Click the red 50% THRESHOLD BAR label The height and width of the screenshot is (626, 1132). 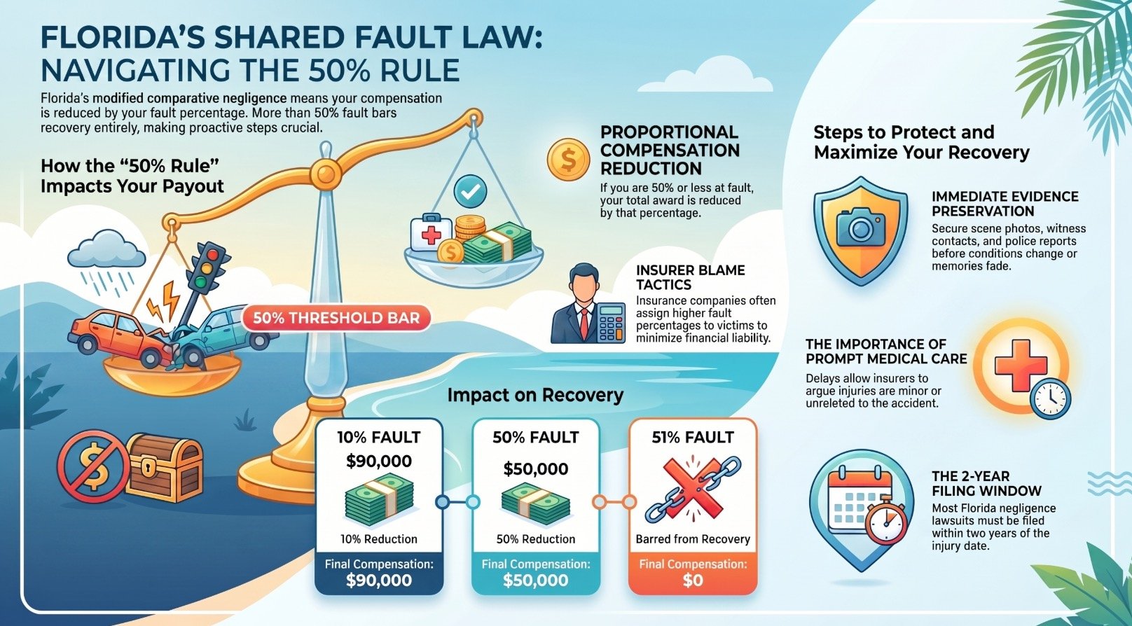pos(336,318)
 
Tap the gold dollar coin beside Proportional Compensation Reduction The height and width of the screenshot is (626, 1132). pos(569,159)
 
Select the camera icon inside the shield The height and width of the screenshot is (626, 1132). pos(861,228)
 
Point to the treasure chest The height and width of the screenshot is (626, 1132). pos(164,467)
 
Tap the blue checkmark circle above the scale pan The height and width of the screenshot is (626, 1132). pos(470,192)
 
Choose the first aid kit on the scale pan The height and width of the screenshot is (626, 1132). pos(431,233)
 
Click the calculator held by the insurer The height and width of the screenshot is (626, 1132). pos(610,323)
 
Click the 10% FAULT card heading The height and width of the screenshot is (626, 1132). pos(379,437)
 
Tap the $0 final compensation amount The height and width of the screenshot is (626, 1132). pos(693,580)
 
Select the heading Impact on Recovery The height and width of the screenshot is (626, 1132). pos(535,395)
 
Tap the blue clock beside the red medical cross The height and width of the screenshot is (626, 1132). pos(1050,398)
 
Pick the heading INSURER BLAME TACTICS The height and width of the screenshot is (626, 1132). pos(690,277)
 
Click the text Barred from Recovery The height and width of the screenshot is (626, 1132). pos(693,539)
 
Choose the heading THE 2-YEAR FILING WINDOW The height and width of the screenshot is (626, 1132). pos(986,484)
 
